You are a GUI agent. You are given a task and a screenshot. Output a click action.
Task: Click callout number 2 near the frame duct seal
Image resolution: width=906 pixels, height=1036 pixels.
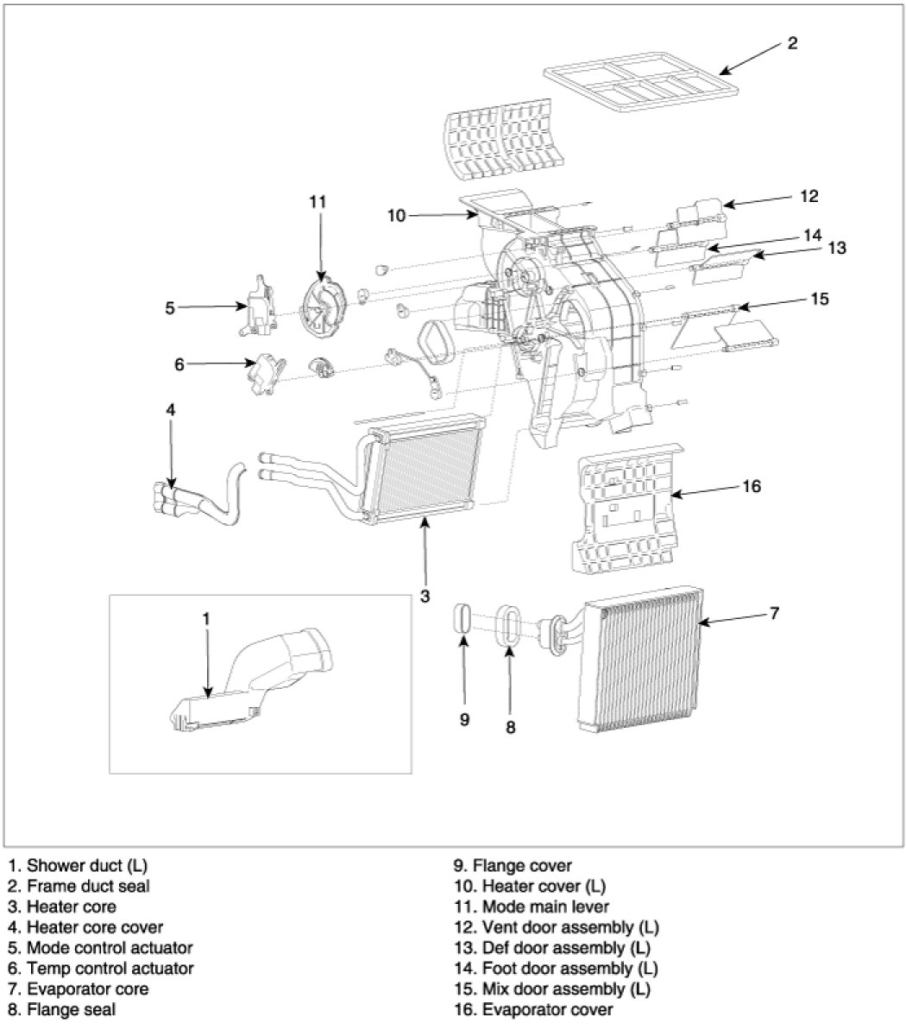point(793,44)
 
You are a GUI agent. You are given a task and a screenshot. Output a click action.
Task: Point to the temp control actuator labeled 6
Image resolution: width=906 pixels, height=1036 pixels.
point(266,374)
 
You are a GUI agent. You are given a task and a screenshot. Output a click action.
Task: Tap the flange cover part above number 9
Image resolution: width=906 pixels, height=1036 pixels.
point(462,620)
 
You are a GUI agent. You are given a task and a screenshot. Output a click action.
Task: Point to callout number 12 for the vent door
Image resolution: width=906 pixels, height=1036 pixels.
point(808,197)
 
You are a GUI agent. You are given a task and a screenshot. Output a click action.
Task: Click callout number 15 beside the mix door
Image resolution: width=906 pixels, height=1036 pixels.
point(819,299)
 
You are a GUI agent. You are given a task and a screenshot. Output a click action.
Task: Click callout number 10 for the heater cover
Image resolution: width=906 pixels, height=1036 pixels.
point(396,216)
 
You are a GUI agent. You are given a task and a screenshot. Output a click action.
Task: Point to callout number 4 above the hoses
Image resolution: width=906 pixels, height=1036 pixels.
point(171,410)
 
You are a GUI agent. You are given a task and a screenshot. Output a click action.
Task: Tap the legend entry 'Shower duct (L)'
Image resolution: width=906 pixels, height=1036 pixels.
point(82,865)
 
